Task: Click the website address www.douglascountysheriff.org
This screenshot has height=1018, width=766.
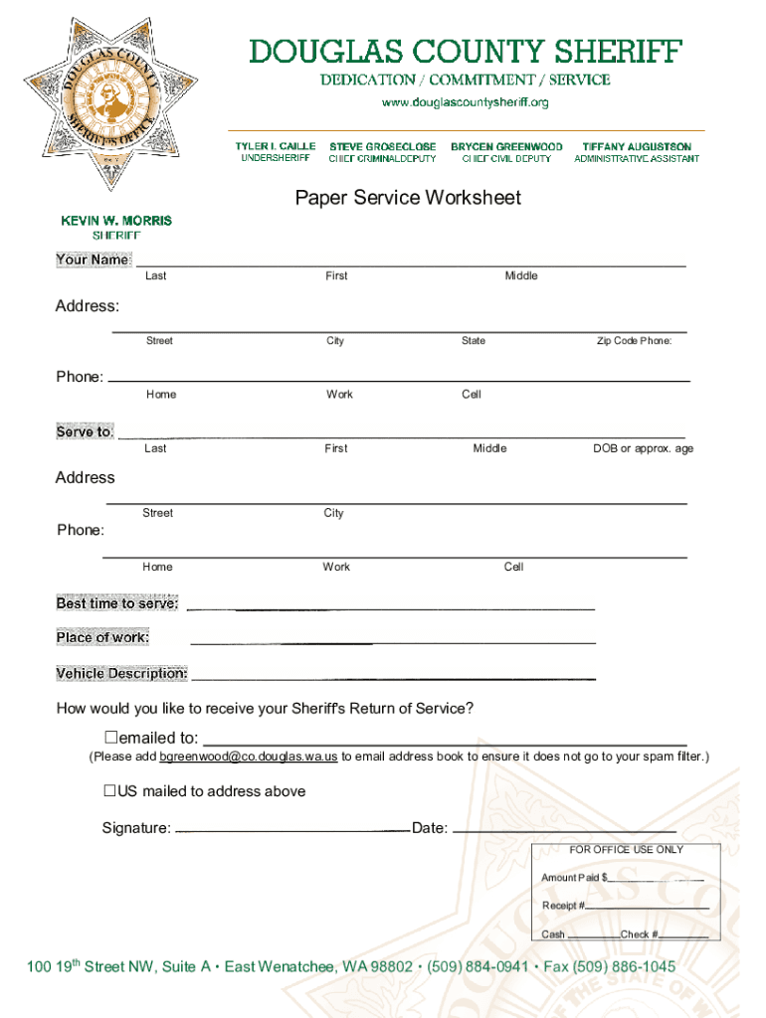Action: click(466, 102)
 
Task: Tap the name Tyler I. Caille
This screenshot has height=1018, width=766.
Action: click(276, 146)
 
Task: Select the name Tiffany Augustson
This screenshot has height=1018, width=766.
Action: click(637, 146)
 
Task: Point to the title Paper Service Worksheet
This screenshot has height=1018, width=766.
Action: click(408, 198)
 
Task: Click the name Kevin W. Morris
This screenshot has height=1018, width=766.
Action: click(116, 220)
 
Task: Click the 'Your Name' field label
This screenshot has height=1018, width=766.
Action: click(93, 259)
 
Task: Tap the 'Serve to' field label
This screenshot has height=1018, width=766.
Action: click(85, 432)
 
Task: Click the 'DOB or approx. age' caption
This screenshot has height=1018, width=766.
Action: click(644, 448)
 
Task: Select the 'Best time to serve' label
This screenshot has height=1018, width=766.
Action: click(117, 603)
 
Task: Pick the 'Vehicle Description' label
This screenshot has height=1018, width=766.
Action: click(121, 674)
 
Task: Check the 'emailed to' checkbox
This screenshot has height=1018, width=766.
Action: click(111, 738)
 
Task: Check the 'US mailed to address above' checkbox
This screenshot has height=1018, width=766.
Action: click(111, 791)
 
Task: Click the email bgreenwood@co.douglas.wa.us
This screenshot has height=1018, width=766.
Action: click(249, 758)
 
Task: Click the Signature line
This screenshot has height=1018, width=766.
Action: click(292, 829)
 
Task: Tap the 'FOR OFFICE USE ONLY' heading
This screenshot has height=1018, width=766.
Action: click(627, 850)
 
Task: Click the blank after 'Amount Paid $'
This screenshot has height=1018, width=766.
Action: click(656, 880)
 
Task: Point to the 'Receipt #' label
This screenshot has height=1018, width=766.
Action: click(563, 906)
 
